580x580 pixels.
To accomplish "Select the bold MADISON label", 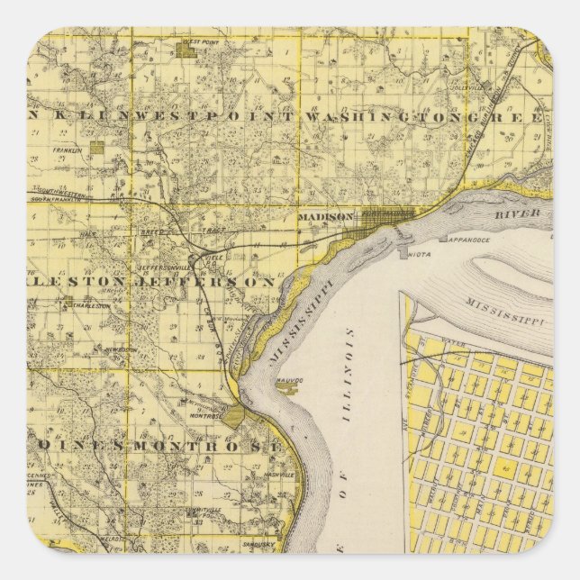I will [x=320, y=217].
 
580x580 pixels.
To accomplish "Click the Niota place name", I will [x=417, y=255].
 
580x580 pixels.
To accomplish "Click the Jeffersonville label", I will [x=163, y=267].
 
